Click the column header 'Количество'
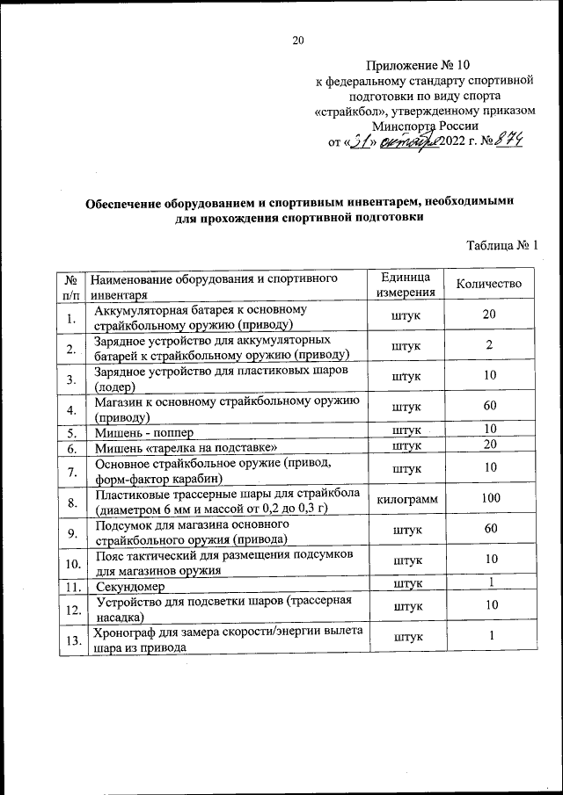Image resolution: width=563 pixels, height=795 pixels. pos(489,284)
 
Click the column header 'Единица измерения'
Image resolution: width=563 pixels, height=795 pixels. pos(405,285)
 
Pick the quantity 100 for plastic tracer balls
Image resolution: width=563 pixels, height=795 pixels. pos(489,498)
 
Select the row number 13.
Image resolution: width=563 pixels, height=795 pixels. pos(69,644)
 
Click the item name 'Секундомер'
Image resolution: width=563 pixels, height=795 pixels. pos(129,585)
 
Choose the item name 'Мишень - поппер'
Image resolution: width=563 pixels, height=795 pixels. pos(143,432)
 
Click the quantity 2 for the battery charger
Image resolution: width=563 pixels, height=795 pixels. pos(489,345)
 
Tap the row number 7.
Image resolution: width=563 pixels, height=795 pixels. pos(69,471)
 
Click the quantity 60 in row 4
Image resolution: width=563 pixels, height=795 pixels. pos(489,406)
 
